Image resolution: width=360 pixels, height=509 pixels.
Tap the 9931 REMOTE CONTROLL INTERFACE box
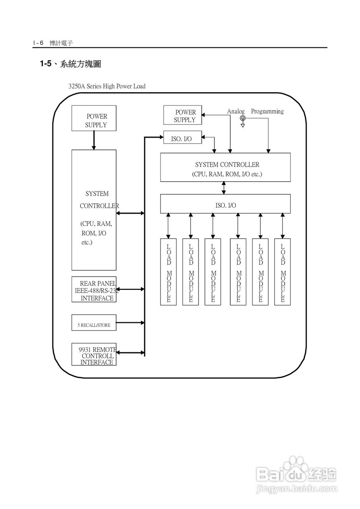(94, 354)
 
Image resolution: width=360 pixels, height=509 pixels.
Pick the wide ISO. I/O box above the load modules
(225, 204)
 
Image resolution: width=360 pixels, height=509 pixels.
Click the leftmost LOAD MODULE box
(169, 272)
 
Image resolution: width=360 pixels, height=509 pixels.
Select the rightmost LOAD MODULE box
(283, 272)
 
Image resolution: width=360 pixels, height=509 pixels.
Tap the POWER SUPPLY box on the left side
(94, 118)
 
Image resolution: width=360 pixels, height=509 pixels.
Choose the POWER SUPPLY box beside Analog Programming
(183, 115)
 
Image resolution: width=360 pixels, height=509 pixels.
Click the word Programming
(267, 112)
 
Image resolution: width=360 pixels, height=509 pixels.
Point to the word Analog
(235, 112)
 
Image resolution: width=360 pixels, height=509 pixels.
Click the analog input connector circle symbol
(243, 118)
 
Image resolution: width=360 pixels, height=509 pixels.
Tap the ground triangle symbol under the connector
(243, 125)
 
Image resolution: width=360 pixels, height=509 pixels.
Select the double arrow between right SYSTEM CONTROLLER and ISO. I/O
(224, 188)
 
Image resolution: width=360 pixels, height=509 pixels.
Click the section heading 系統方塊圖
(80, 64)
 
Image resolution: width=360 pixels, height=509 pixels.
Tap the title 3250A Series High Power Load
(107, 86)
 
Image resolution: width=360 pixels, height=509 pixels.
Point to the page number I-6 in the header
(38, 43)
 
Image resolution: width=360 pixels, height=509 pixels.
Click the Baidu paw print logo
(296, 466)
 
